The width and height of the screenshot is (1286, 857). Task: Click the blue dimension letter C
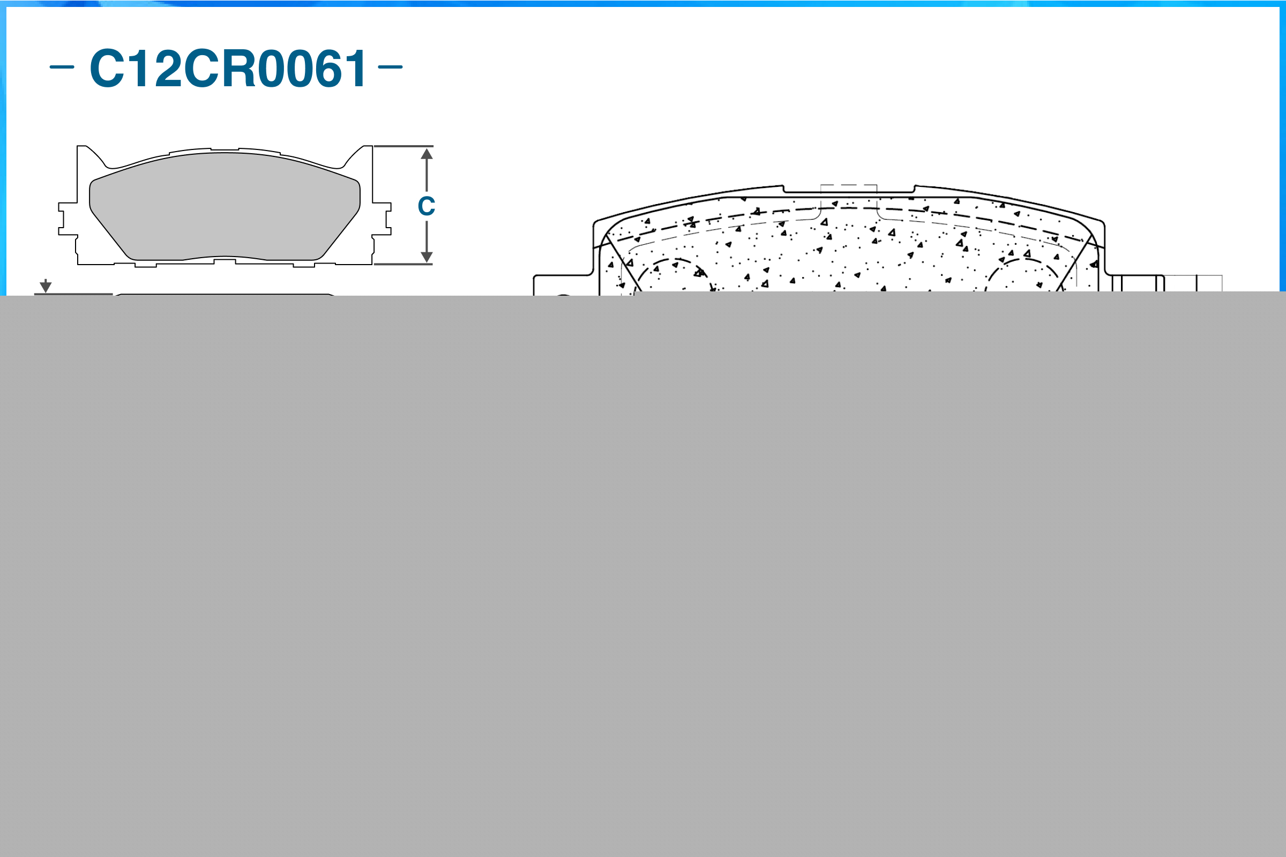(426, 206)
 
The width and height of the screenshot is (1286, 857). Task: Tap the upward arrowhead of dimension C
(427, 154)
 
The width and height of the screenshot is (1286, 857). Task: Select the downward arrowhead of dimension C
(427, 257)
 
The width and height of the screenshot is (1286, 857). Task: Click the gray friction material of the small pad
(224, 208)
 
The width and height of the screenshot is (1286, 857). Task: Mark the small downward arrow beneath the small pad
(46, 287)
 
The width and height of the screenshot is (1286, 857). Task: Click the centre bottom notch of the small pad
(225, 261)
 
